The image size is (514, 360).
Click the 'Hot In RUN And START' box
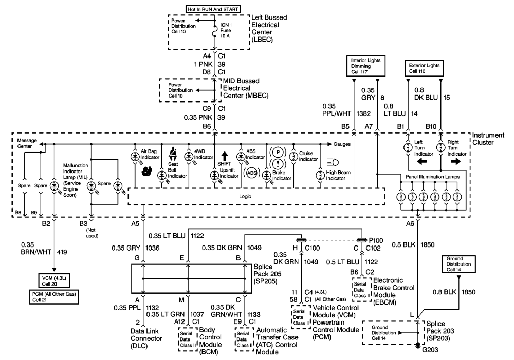pos(213,9)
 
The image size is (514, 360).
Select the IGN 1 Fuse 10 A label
pos(226,30)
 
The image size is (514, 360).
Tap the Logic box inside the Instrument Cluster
pos(256,197)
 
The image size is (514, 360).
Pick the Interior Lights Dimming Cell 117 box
pos(366,66)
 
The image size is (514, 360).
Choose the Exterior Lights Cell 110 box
pos(424,68)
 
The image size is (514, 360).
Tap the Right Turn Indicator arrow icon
pos(456,161)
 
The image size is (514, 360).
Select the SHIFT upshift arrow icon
pos(225,156)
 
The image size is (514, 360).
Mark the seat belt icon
pos(173,154)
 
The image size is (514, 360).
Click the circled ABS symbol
pos(252,173)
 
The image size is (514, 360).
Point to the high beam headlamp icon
pos(333,162)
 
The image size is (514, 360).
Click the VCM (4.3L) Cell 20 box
pos(54,281)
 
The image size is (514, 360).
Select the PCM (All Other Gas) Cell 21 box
pos(54,297)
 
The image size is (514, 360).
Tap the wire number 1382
pos(363,113)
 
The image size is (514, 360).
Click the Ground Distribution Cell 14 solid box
pos(458,264)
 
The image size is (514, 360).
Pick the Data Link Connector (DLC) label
pos(146,338)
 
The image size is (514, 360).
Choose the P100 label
pos(376,240)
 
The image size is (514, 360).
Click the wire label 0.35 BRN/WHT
pos(36,248)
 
